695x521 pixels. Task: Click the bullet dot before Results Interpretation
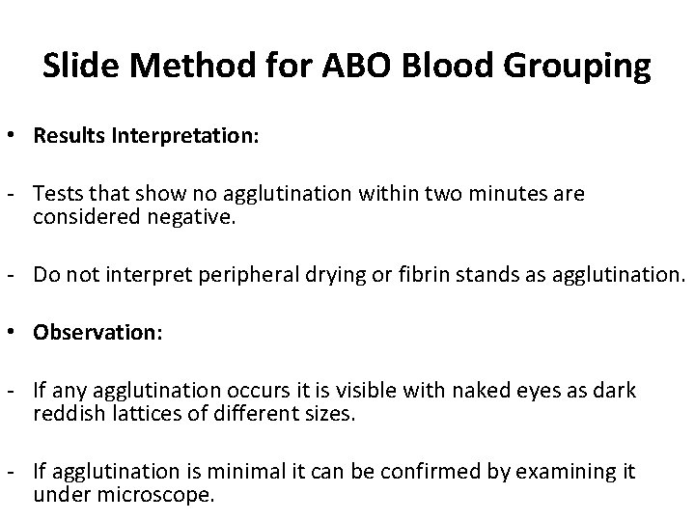18,135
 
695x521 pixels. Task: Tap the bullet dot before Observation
18,331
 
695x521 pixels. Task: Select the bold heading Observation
96,331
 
